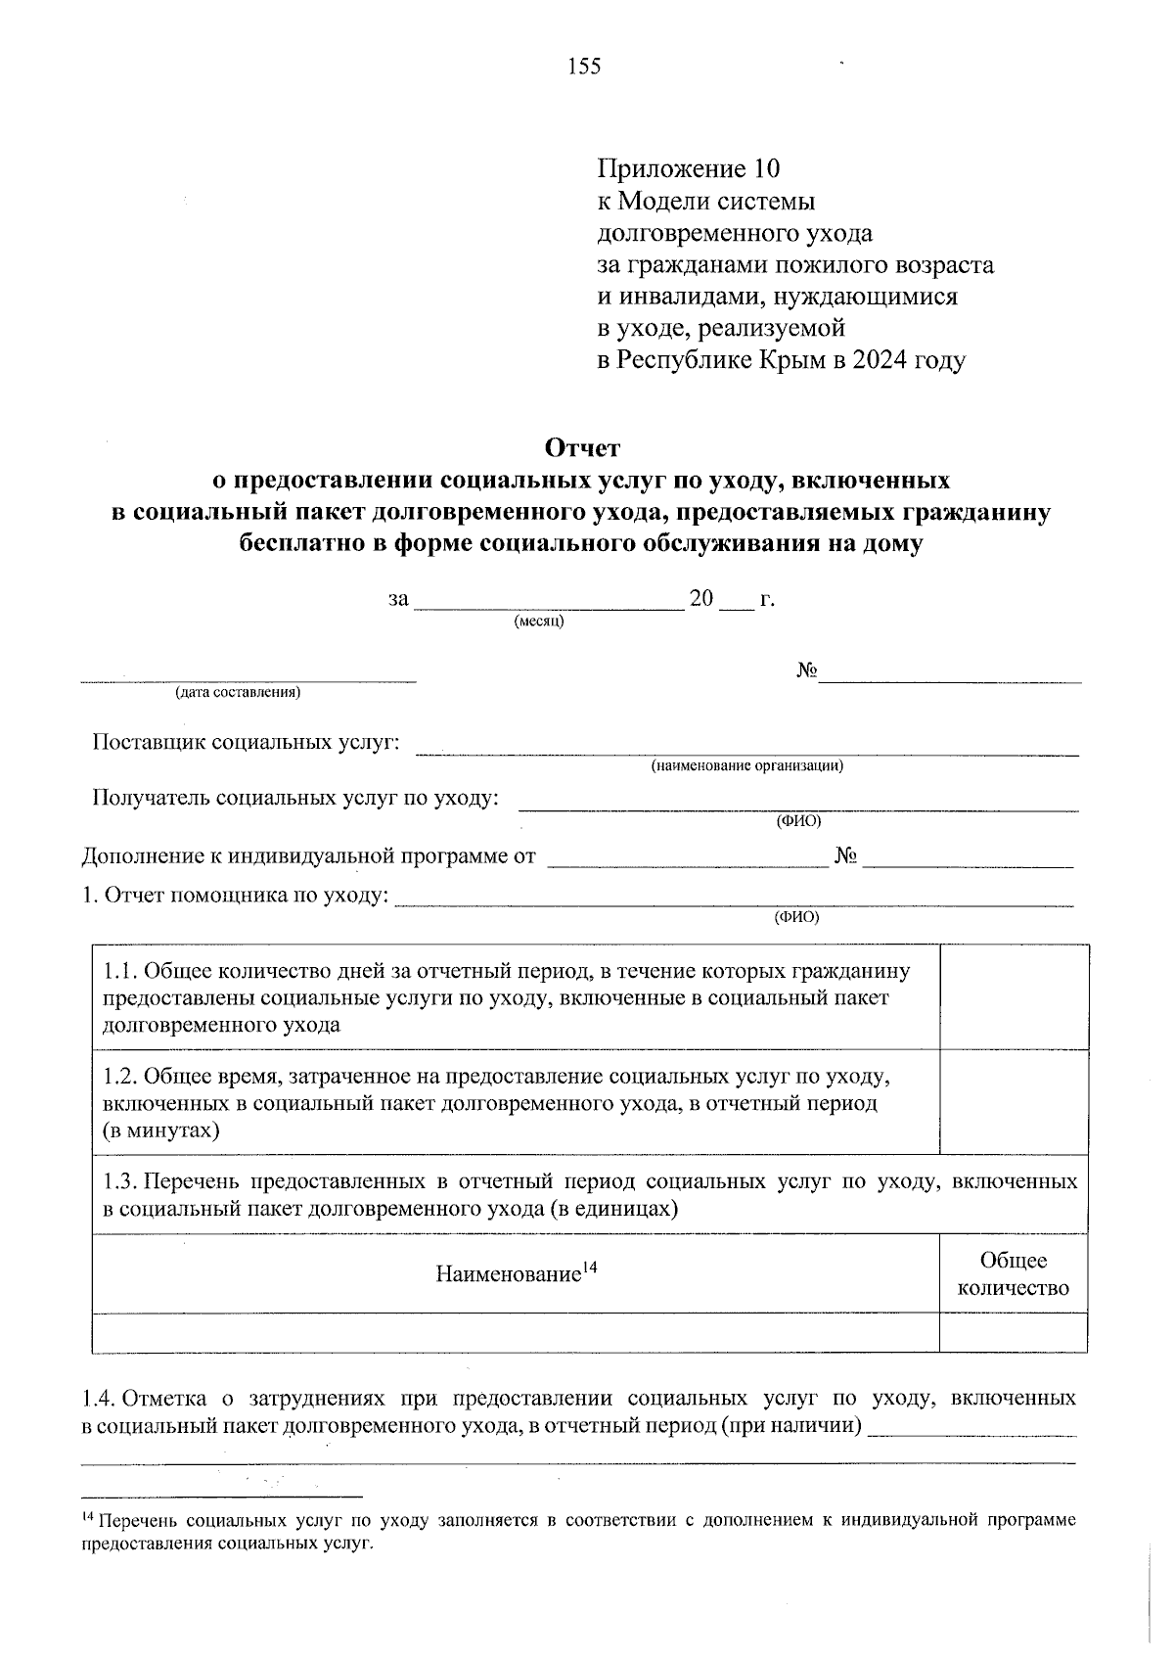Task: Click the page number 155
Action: [x=584, y=67]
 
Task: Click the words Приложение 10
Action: [x=689, y=169]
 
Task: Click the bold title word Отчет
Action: [x=582, y=448]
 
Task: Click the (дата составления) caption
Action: [x=237, y=693]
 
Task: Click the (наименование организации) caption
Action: [x=747, y=766]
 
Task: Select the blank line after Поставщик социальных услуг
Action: [x=747, y=752]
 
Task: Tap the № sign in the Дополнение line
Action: [x=846, y=857]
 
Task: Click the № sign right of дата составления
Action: [x=806, y=671]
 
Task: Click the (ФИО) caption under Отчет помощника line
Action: [x=796, y=917]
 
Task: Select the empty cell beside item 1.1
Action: [x=1013, y=996]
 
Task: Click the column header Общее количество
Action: [x=1013, y=1274]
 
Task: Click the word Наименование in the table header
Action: [x=508, y=1274]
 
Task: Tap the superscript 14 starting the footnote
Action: [x=86, y=1517]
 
